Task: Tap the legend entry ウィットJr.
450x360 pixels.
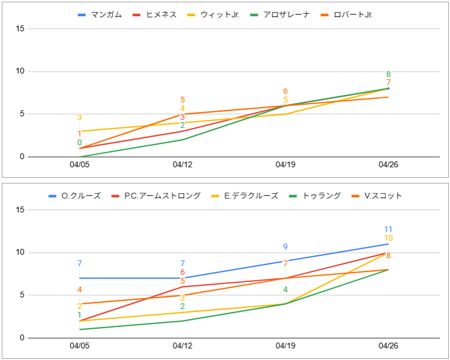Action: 220,14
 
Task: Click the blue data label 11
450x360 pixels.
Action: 388,230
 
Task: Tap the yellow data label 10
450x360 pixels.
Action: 388,238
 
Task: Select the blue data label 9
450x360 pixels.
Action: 285,247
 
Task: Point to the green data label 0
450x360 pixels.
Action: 79,142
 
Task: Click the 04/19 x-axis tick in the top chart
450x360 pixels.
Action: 285,164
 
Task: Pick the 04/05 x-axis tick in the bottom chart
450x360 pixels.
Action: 79,346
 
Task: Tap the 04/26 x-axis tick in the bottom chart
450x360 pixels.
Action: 388,346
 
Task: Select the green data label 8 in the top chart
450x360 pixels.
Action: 388,74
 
